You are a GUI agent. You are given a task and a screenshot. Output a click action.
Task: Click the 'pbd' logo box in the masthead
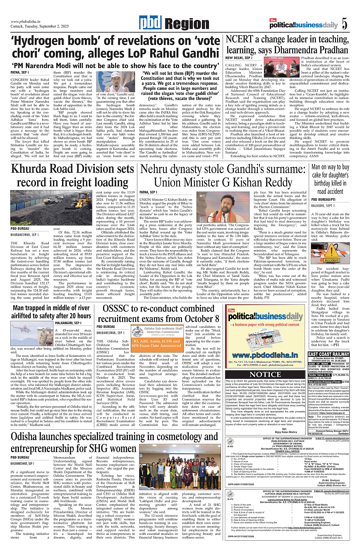149,24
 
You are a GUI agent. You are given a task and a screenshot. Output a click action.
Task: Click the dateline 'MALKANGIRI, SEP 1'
72,323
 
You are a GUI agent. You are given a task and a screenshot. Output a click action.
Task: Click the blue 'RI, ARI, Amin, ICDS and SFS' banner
156,342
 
